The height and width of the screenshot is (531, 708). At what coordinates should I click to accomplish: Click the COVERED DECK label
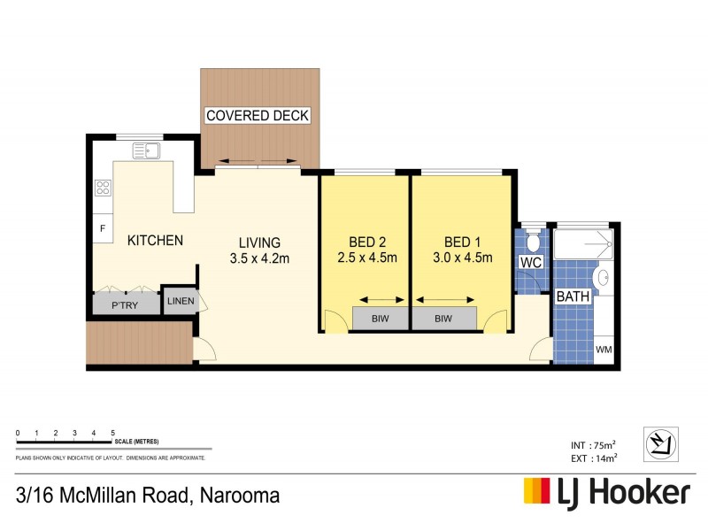tap(258, 116)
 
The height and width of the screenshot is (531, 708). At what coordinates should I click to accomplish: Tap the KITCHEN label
tap(155, 241)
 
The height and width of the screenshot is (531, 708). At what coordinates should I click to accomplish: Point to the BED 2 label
tap(366, 242)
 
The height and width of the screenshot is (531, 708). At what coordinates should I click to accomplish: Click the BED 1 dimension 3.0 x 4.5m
tap(462, 258)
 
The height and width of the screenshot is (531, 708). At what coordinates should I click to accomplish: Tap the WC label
tap(531, 264)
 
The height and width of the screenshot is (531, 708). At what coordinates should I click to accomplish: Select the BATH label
tap(573, 298)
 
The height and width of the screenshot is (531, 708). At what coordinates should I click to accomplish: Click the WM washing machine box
tap(604, 350)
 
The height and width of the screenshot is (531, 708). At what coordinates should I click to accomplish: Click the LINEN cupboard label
tap(180, 302)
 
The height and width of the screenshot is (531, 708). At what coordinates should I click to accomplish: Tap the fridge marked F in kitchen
tap(103, 228)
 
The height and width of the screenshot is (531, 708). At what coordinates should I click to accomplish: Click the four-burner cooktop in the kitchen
tap(103, 187)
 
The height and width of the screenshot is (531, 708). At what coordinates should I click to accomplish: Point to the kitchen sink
tap(146, 150)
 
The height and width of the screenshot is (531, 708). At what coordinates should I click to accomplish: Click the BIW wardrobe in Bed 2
tap(380, 318)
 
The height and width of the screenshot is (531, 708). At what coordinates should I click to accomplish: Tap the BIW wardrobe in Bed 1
tap(444, 318)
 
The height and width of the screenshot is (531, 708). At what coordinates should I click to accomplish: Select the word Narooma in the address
tap(239, 495)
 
